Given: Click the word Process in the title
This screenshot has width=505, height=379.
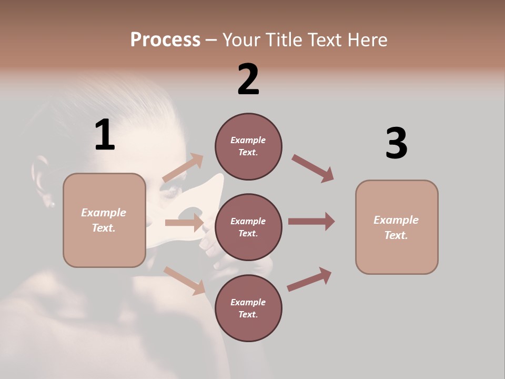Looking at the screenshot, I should [165, 40].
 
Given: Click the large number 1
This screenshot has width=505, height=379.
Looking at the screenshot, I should [105, 135].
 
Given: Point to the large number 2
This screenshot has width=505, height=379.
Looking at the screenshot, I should [248, 79].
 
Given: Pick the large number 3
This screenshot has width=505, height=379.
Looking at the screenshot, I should [396, 144].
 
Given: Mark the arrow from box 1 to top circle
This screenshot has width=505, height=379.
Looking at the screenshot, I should [183, 168].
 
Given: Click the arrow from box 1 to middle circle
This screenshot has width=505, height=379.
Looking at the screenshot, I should [184, 223].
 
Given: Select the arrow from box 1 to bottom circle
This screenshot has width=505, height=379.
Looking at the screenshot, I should [184, 280].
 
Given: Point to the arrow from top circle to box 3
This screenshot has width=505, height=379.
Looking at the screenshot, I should [313, 168].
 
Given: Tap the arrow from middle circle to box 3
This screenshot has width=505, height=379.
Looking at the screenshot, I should [311, 221].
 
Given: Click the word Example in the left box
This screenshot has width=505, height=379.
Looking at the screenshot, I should [104, 213].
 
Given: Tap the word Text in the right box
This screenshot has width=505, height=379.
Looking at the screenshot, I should [396, 235].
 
